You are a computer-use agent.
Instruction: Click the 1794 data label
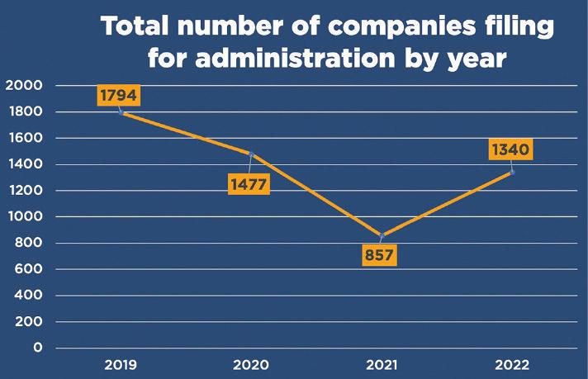coord(119,95)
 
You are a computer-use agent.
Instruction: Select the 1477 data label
coord(248,183)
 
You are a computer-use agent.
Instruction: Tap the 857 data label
coord(379,254)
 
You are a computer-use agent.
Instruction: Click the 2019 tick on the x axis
coord(121,364)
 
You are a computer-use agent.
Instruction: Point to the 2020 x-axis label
coord(251,364)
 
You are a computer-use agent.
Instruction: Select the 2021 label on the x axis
coord(382,364)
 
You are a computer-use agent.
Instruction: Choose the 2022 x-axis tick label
coord(512,364)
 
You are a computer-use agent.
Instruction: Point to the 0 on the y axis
coord(37,348)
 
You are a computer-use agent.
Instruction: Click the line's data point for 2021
coord(382,235)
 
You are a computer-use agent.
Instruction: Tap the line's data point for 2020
coord(251,154)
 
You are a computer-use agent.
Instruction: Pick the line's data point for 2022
coord(512,172)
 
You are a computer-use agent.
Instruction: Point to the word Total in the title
coord(140,27)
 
